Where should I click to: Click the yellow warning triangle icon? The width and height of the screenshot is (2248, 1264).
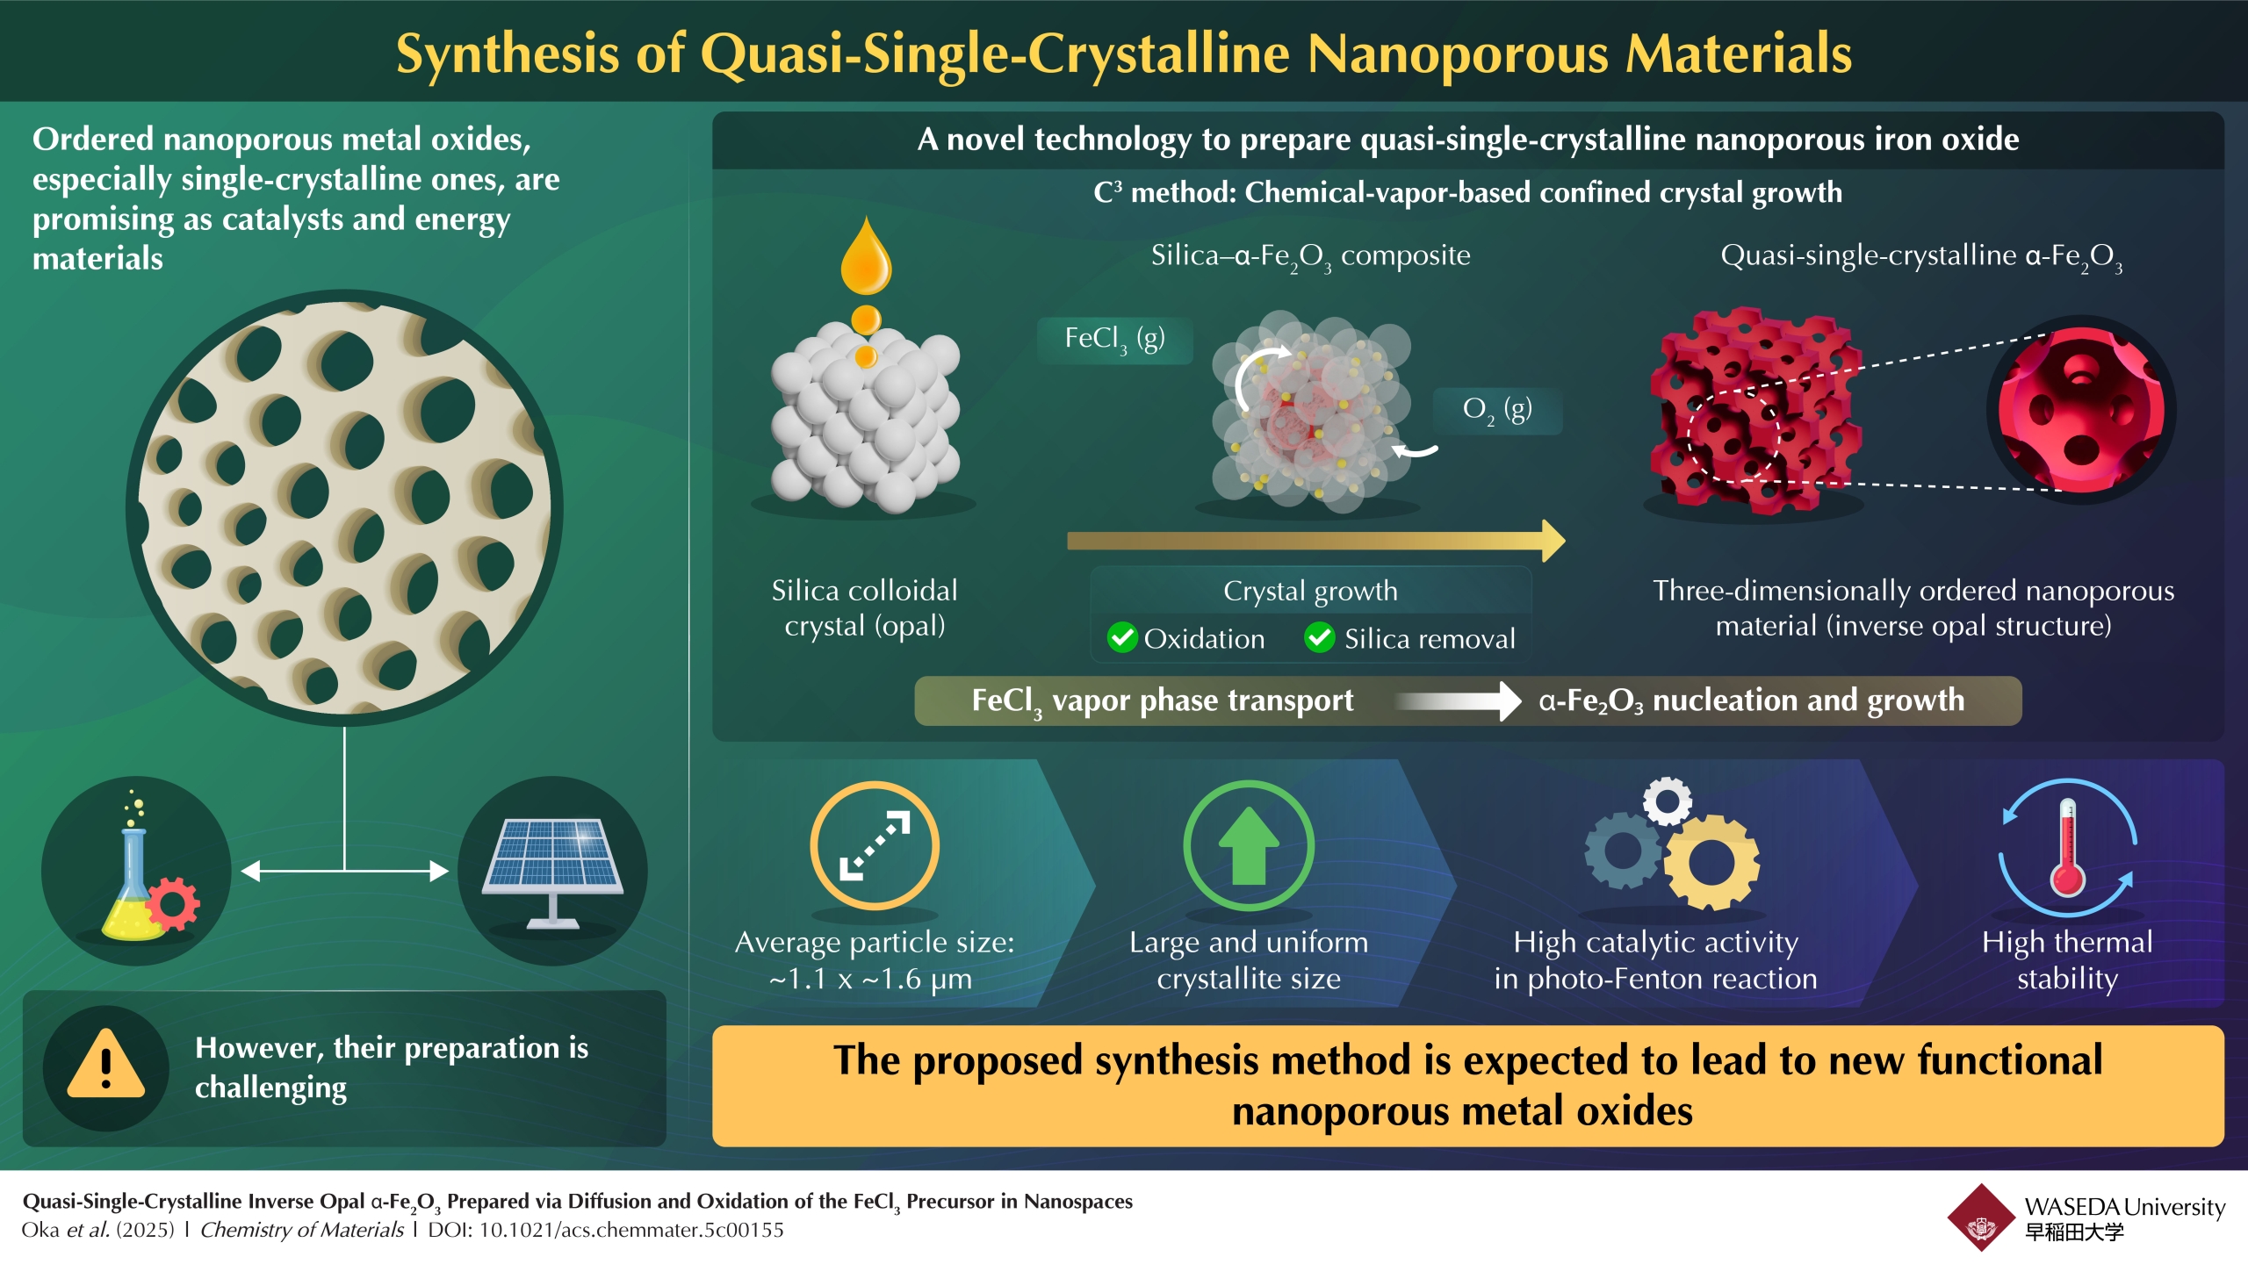(105, 1065)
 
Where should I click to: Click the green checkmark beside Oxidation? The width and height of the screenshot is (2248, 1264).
(1122, 638)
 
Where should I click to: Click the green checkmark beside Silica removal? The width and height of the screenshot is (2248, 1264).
(1320, 638)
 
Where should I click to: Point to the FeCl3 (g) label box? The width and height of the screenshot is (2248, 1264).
(1114, 340)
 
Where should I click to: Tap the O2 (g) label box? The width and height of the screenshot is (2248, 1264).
(1497, 411)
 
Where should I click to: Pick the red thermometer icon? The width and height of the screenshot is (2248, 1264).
(2067, 848)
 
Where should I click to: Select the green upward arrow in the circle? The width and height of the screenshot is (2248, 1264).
(1249, 845)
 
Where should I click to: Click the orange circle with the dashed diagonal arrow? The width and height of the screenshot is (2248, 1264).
(875, 845)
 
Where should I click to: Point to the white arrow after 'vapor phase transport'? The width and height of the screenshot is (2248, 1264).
(1458, 700)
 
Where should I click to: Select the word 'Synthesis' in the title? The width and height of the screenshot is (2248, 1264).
(508, 54)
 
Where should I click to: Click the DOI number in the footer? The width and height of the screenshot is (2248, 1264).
(630, 1231)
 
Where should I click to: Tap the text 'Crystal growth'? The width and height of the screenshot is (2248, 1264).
(1310, 591)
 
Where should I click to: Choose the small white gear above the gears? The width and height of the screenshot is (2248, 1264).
(1668, 801)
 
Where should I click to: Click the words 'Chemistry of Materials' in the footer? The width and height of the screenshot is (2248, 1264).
(302, 1231)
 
